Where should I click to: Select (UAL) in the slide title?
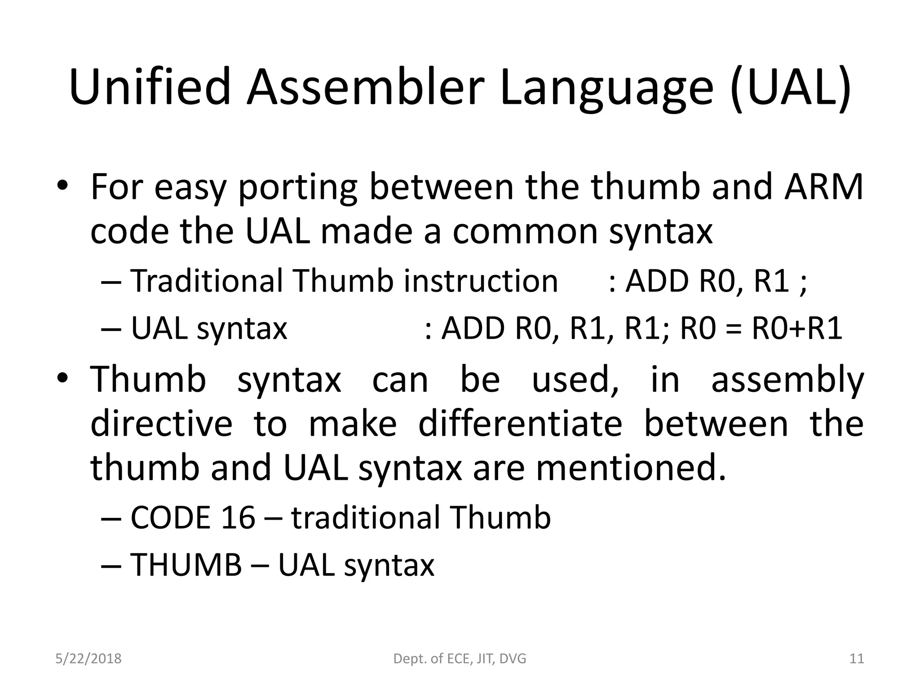(791, 88)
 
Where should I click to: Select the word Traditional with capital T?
(207, 281)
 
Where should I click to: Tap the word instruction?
(481, 281)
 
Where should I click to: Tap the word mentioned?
(631, 468)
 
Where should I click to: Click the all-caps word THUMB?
(186, 565)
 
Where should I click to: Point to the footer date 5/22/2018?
(88, 659)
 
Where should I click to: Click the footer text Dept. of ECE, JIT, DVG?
(460, 659)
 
